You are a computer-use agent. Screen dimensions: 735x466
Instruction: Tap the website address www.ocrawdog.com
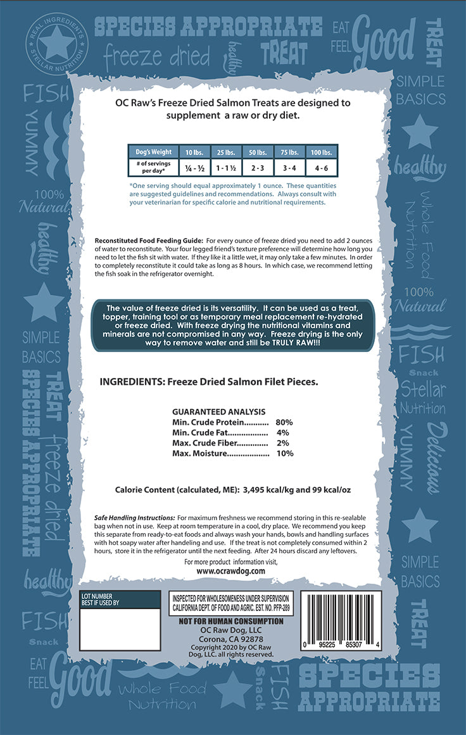click(x=230, y=570)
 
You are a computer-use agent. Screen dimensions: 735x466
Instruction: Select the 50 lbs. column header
click(x=258, y=152)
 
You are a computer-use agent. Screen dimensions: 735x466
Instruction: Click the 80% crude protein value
click(x=284, y=422)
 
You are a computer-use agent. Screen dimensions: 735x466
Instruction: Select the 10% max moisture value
click(x=284, y=453)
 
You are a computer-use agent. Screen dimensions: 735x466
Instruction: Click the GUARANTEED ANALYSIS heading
click(x=218, y=411)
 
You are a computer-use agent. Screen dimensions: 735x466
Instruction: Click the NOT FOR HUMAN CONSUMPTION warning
click(x=231, y=621)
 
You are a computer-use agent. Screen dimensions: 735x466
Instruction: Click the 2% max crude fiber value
click(x=283, y=443)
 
